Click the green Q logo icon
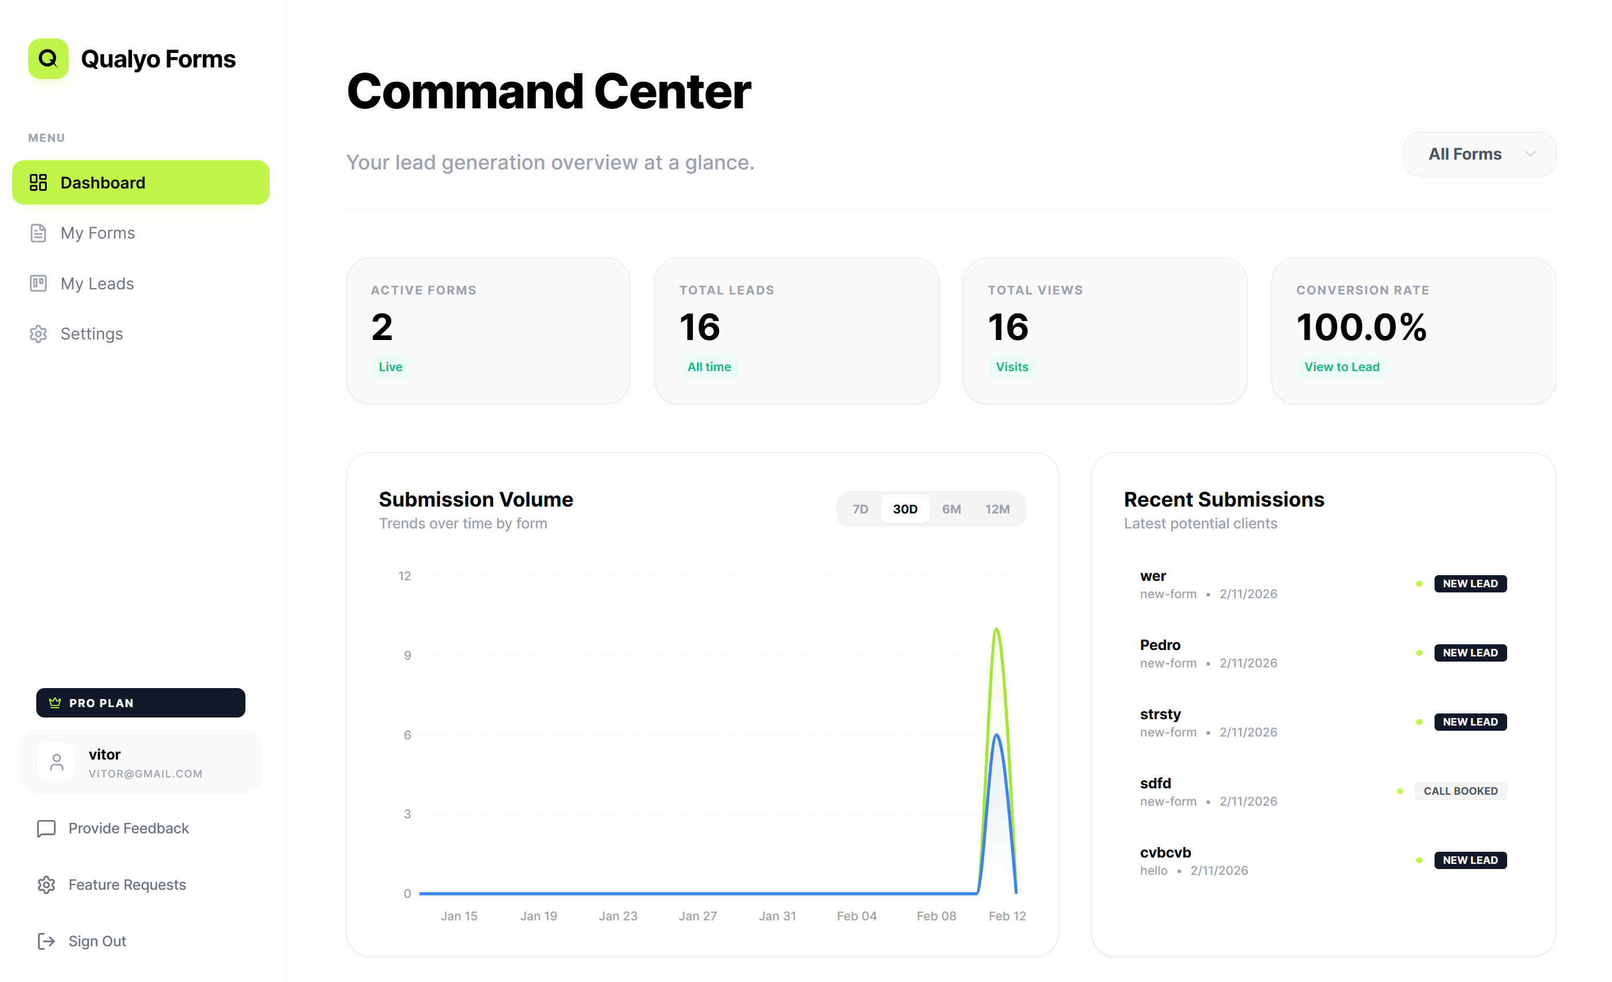click(x=48, y=59)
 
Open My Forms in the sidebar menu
click(x=97, y=233)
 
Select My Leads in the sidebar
click(x=97, y=284)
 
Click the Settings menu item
click(x=92, y=334)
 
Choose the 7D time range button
click(x=860, y=509)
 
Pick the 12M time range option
click(x=997, y=509)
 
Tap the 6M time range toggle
click(x=951, y=509)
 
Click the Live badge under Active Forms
click(x=391, y=367)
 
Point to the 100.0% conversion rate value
click(x=1361, y=327)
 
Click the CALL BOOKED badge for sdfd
click(x=1460, y=791)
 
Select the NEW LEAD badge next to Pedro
click(x=1470, y=653)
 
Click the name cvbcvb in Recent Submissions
click(x=1165, y=852)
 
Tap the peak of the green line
click(x=996, y=629)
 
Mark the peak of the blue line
click(x=996, y=735)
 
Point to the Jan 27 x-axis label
click(x=697, y=916)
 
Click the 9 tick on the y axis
click(x=407, y=656)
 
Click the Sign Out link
click(x=97, y=941)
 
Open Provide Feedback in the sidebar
click(x=128, y=828)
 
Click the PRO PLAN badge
click(x=141, y=702)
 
